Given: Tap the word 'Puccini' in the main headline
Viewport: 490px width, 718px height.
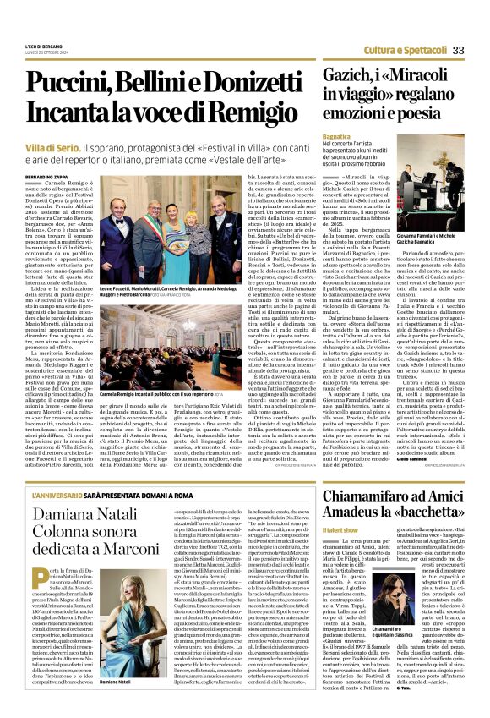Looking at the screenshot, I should point(77,85).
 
